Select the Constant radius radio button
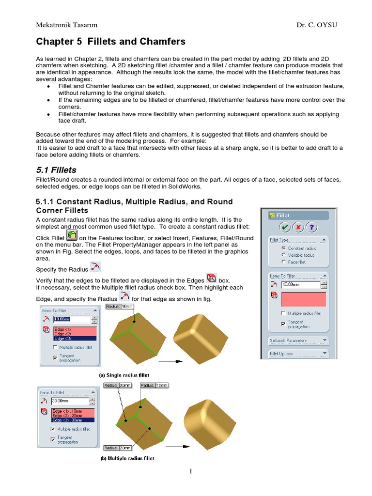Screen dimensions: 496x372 tap(283, 248)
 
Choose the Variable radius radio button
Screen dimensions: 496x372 tap(283, 255)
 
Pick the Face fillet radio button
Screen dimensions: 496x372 tap(283, 262)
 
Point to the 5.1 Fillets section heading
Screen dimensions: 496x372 tap(56, 170)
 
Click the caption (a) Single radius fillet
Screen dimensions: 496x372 tap(124, 375)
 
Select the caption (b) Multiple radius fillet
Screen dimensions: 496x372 tap(127, 458)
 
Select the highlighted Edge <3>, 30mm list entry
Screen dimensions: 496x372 tap(73, 419)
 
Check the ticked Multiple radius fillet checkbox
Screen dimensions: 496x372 tap(53, 429)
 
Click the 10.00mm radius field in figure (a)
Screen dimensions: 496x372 tap(71, 320)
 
